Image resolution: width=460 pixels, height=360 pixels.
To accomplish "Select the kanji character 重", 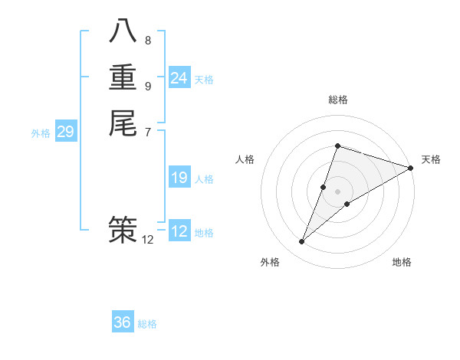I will [123, 77].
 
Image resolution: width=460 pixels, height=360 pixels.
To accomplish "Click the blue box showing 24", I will [179, 78].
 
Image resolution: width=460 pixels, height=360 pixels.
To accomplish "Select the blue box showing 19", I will [179, 178].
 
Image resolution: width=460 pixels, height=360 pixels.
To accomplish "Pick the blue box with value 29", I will [65, 133].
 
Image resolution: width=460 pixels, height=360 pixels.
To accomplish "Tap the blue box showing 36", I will [123, 322].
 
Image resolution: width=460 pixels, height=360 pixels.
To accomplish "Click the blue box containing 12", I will [179, 231].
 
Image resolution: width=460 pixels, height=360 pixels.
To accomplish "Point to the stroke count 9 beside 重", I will [148, 86].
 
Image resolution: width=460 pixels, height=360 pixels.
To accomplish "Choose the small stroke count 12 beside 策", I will [148, 240].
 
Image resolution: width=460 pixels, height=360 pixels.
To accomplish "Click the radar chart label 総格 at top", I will [337, 100].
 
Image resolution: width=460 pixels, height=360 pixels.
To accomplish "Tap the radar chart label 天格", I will [431, 159].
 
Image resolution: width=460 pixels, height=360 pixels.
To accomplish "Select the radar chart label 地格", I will [402, 263].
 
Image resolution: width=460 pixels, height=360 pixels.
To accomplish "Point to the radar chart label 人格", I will [245, 159].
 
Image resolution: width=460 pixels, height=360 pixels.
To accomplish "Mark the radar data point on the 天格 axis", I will [410, 168].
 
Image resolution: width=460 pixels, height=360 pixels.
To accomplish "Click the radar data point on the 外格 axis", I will [302, 242].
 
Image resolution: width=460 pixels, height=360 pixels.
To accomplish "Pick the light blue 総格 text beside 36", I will [147, 324].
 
